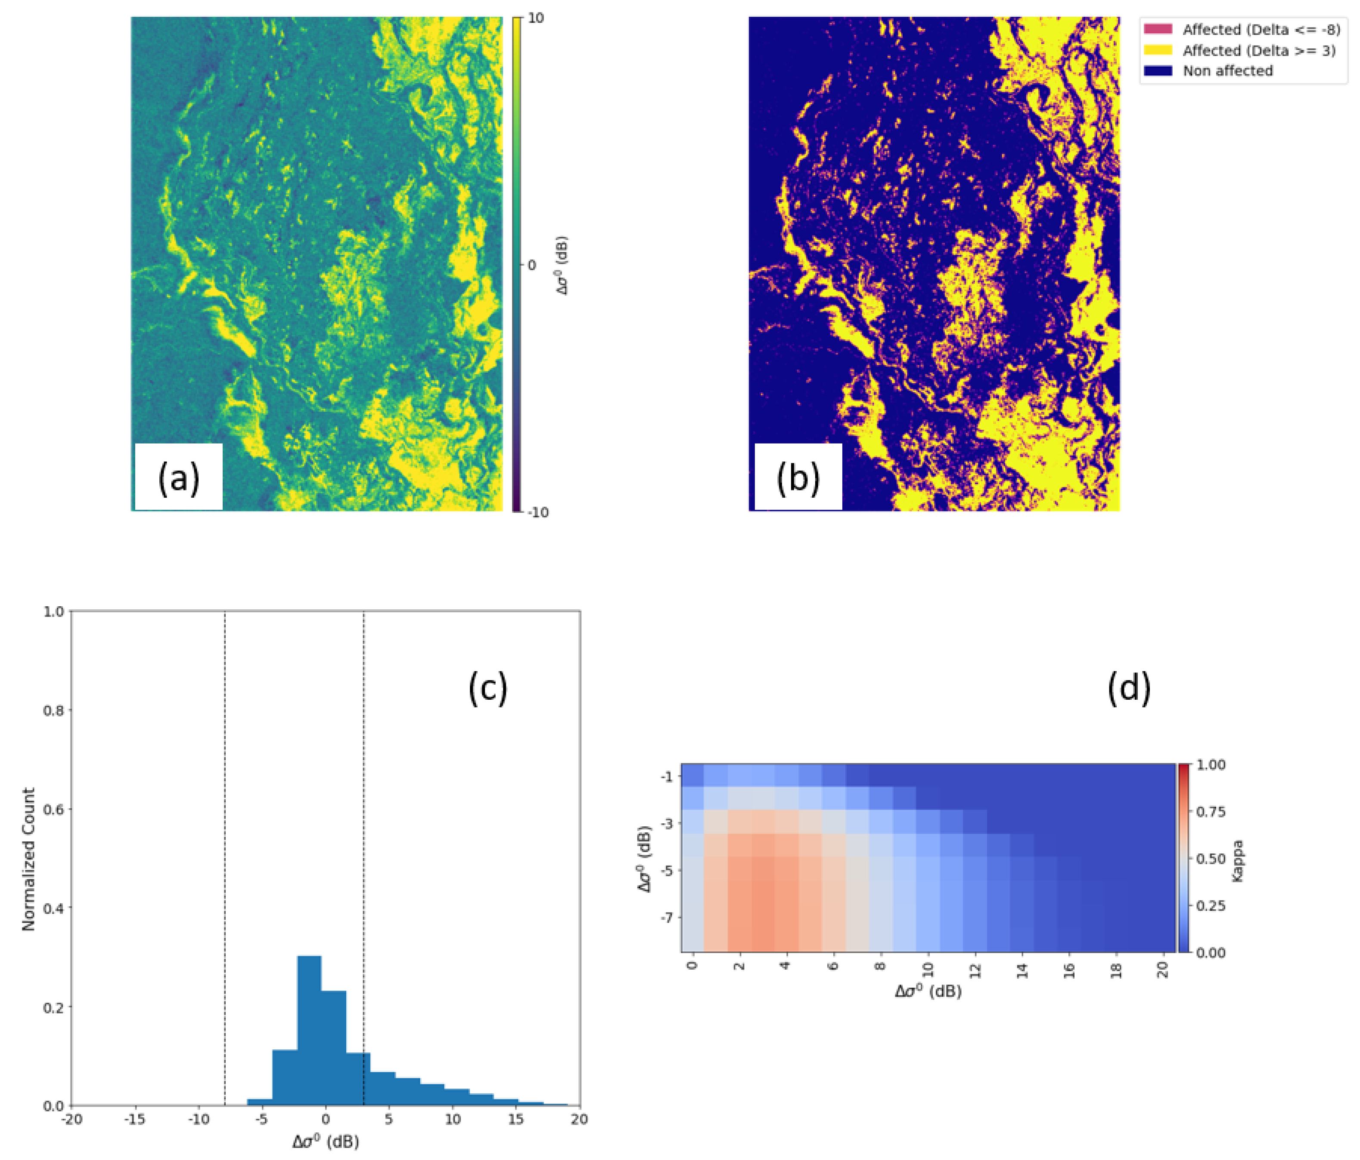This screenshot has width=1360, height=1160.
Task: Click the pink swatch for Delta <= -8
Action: (x=1158, y=29)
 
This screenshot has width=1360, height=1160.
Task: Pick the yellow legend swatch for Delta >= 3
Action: (x=1158, y=50)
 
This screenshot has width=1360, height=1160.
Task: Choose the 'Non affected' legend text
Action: (x=1227, y=71)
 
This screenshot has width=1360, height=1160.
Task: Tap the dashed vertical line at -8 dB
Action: (x=225, y=853)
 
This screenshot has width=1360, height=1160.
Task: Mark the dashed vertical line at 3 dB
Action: (x=363, y=853)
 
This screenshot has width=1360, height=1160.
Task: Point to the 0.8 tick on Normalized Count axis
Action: (x=54, y=710)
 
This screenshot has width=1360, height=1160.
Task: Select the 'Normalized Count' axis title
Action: (x=28, y=859)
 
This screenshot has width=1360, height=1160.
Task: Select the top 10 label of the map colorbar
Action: (x=536, y=19)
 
